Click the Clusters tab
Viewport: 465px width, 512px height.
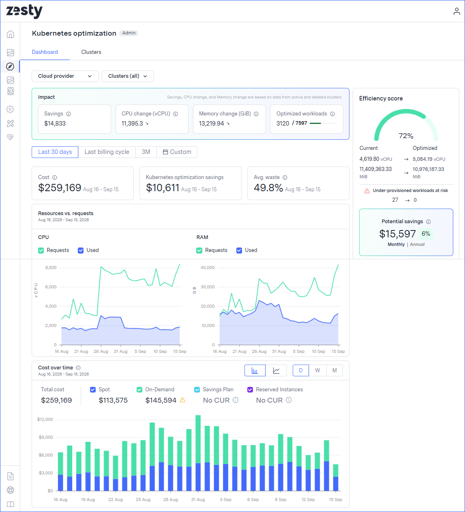click(91, 52)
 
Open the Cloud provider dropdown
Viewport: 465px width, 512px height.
click(65, 76)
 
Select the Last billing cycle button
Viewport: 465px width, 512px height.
click(107, 152)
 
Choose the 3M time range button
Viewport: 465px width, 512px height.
click(146, 152)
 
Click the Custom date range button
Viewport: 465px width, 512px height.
click(177, 152)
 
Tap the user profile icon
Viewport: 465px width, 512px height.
click(456, 11)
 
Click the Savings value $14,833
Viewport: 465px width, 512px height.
click(55, 124)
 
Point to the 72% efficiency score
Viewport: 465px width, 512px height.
click(406, 136)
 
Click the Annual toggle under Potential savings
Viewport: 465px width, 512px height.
click(417, 244)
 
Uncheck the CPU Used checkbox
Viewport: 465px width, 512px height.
click(81, 250)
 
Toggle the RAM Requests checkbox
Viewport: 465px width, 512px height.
click(199, 250)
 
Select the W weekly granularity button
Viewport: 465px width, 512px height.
click(317, 370)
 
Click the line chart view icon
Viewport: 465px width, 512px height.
click(276, 370)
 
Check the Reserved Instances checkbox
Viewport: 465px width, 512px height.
click(250, 390)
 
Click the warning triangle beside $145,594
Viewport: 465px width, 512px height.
click(182, 400)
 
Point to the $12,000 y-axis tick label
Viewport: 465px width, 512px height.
click(45, 419)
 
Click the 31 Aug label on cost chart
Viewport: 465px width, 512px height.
click(198, 499)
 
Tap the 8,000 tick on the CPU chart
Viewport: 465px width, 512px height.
click(51, 267)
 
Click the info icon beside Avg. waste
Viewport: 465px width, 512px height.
click(285, 177)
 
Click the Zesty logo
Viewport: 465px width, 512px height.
click(24, 11)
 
